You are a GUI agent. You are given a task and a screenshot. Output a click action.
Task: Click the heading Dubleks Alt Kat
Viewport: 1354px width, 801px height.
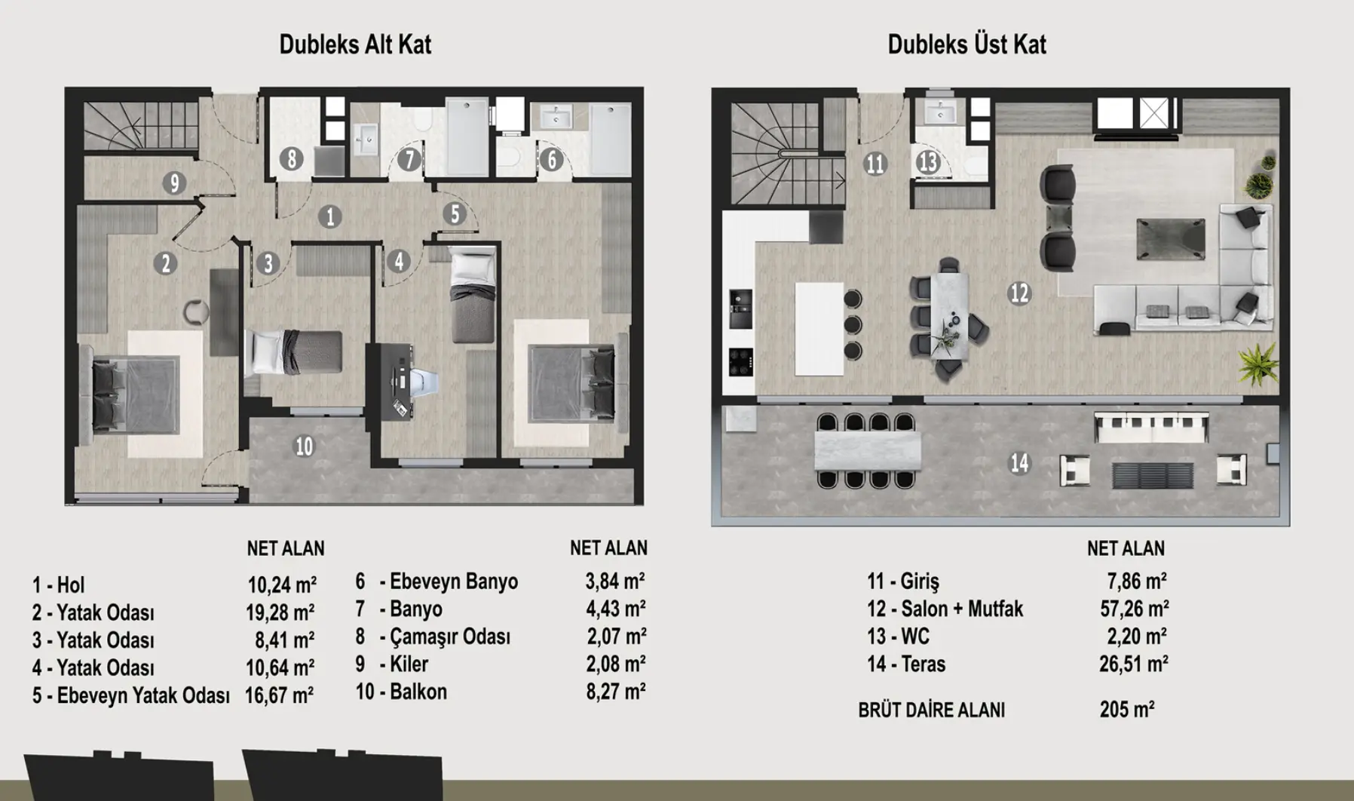pos(355,44)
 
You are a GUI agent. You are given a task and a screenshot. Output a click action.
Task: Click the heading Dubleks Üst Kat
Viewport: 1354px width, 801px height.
pos(966,44)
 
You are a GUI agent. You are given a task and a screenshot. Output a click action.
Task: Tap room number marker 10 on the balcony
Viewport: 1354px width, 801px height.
pos(304,447)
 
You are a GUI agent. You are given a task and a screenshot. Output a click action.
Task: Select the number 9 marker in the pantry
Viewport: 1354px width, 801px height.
pos(174,183)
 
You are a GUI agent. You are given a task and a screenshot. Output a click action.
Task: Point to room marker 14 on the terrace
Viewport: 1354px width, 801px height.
pos(1019,462)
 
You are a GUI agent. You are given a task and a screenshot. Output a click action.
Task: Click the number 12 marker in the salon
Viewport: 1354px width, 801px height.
pos(1019,293)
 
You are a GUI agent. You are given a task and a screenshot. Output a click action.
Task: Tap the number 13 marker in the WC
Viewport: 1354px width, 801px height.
pos(928,162)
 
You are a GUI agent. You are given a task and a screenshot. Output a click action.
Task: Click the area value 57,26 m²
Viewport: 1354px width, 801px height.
pos(1134,609)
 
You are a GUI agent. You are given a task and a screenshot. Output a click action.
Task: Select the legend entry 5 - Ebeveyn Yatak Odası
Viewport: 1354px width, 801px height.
pos(130,695)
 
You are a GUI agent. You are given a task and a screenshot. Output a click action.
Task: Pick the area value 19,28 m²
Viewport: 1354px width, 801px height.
pos(280,612)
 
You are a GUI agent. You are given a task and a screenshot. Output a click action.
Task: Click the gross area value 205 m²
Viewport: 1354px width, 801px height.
pos(1127,710)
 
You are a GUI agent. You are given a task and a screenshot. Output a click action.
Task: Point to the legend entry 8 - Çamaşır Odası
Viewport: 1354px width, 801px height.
pos(433,637)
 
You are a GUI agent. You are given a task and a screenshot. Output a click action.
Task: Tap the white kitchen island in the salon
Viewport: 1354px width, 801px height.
pos(819,329)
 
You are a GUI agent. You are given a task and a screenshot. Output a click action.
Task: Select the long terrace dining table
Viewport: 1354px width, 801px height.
pos(868,450)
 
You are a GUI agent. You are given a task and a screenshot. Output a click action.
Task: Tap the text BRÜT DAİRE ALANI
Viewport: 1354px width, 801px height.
pos(931,710)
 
